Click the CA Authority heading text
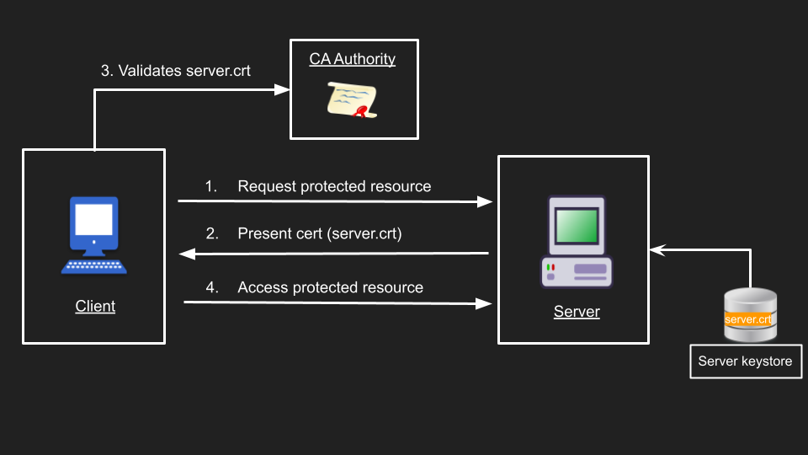352,59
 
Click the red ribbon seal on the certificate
362,112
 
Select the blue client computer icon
93,234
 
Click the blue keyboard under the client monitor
93,266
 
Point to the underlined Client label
95,306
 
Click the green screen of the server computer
577,225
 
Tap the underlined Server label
577,312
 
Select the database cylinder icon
750,315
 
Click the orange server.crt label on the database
748,319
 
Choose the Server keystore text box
746,361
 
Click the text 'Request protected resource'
334,186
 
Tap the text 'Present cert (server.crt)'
320,233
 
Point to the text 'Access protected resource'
330,287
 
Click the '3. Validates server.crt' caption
176,71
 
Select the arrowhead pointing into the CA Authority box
282,88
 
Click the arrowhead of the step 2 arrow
186,253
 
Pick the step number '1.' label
210,186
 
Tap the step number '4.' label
212,287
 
